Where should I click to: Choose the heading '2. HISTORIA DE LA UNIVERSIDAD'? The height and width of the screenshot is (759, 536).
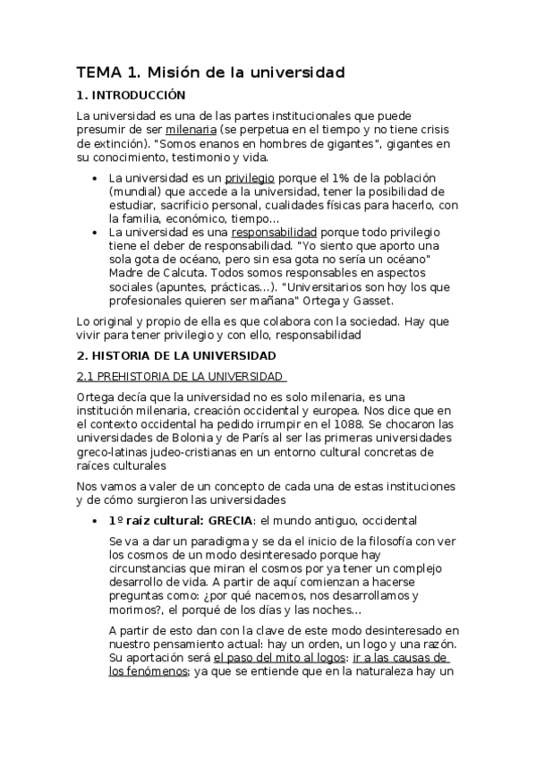click(169, 356)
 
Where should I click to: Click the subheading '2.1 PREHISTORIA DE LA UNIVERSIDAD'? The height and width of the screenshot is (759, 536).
click(180, 376)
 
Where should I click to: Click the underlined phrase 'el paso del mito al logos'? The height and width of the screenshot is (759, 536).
click(277, 657)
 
